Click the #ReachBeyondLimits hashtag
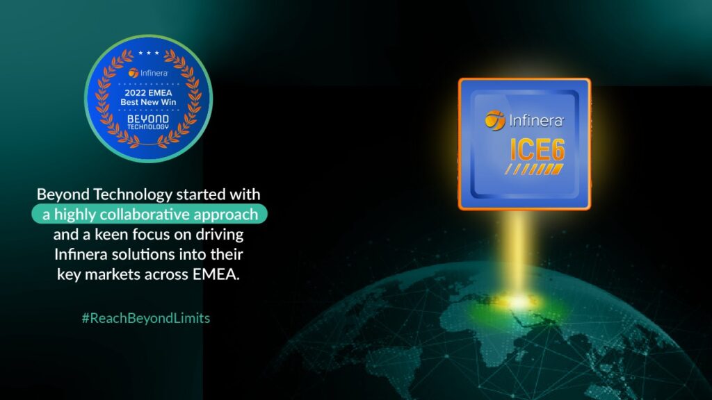point(146,318)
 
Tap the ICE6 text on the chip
point(537,149)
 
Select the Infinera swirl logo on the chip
point(495,120)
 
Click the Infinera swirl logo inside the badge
point(133,72)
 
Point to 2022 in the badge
point(135,93)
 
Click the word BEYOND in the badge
point(148,119)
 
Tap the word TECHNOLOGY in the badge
point(148,127)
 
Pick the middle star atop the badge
point(149,53)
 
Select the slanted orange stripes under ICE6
point(535,169)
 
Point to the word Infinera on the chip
point(536,121)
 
